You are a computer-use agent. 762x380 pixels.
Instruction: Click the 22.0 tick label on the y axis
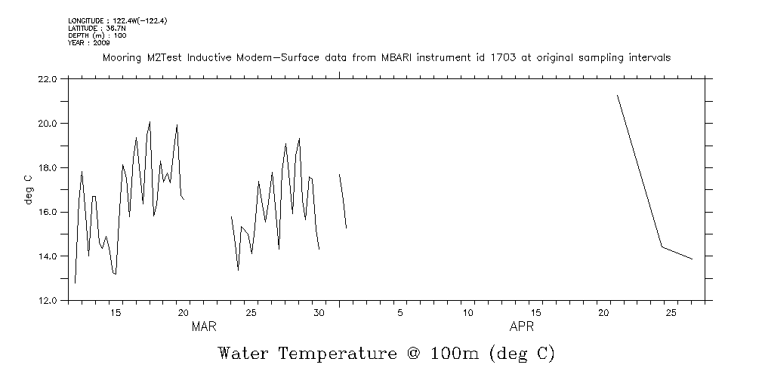[47, 78]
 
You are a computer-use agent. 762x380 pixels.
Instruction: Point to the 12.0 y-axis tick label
[47, 301]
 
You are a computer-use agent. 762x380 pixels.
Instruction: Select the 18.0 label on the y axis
[47, 167]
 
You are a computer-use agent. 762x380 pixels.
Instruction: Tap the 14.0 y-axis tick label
[47, 256]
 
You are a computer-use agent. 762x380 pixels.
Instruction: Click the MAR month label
[204, 327]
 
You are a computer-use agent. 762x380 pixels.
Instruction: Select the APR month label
[522, 327]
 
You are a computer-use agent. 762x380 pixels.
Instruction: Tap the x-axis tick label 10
[468, 313]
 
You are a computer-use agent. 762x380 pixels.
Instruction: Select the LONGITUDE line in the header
[117, 20]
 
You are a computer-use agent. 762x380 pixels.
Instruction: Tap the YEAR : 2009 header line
[89, 43]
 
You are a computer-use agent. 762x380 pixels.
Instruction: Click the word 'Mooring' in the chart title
[122, 58]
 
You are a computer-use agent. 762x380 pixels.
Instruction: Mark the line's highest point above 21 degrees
[618, 96]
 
